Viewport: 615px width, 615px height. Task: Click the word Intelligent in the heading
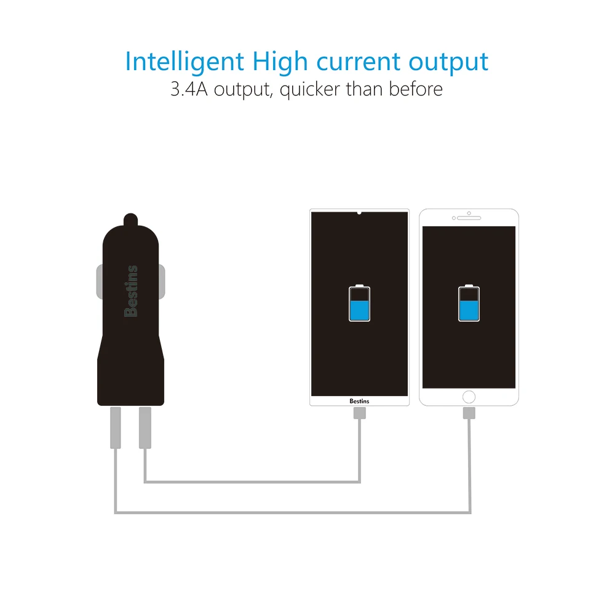click(x=184, y=62)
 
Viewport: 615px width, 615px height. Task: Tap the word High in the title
click(x=280, y=62)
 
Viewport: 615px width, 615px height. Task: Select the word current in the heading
click(x=358, y=62)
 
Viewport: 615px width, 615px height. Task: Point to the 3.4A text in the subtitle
click(x=189, y=89)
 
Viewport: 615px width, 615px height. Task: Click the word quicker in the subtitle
click(x=309, y=90)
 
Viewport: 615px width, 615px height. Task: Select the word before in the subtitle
click(x=416, y=89)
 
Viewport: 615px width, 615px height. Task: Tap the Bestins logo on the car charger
click(x=131, y=291)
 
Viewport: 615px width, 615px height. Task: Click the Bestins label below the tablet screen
click(x=359, y=401)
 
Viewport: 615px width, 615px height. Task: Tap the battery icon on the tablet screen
click(x=359, y=303)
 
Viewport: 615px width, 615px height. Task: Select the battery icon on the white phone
click(x=469, y=303)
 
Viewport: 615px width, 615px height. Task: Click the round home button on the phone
click(x=469, y=397)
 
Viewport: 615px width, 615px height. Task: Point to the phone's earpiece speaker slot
click(x=469, y=218)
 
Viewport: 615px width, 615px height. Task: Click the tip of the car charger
click(x=130, y=214)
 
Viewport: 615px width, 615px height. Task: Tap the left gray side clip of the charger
click(x=100, y=281)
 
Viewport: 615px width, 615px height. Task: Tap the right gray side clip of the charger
click(x=162, y=281)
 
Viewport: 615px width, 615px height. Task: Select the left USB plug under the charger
click(x=116, y=427)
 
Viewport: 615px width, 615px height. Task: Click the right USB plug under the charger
click(x=145, y=427)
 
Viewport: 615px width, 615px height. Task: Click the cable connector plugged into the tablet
click(x=359, y=413)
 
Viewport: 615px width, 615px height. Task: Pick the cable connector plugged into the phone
click(x=469, y=413)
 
